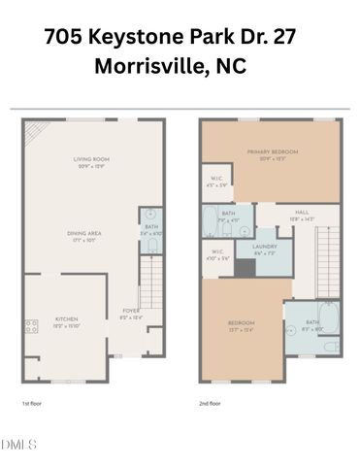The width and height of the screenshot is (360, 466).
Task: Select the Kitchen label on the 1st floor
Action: click(x=66, y=320)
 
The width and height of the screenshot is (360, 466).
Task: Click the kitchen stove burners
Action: click(x=31, y=327)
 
